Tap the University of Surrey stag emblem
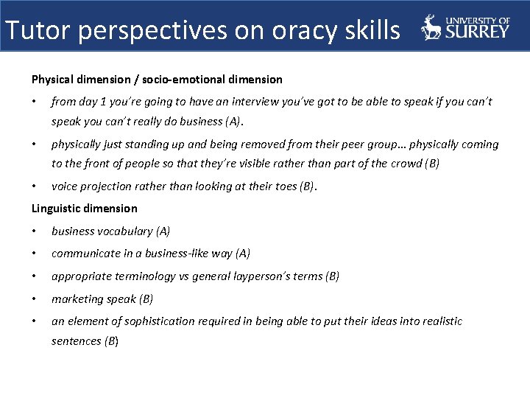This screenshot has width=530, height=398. (x=431, y=27)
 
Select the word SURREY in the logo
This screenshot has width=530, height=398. (x=476, y=31)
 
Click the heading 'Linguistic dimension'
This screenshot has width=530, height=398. (x=84, y=209)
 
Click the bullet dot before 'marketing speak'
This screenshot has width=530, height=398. (x=35, y=298)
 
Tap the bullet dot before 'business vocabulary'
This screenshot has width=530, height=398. (x=35, y=231)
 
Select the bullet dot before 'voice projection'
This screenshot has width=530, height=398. (x=35, y=186)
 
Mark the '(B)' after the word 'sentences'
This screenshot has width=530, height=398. (x=111, y=341)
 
